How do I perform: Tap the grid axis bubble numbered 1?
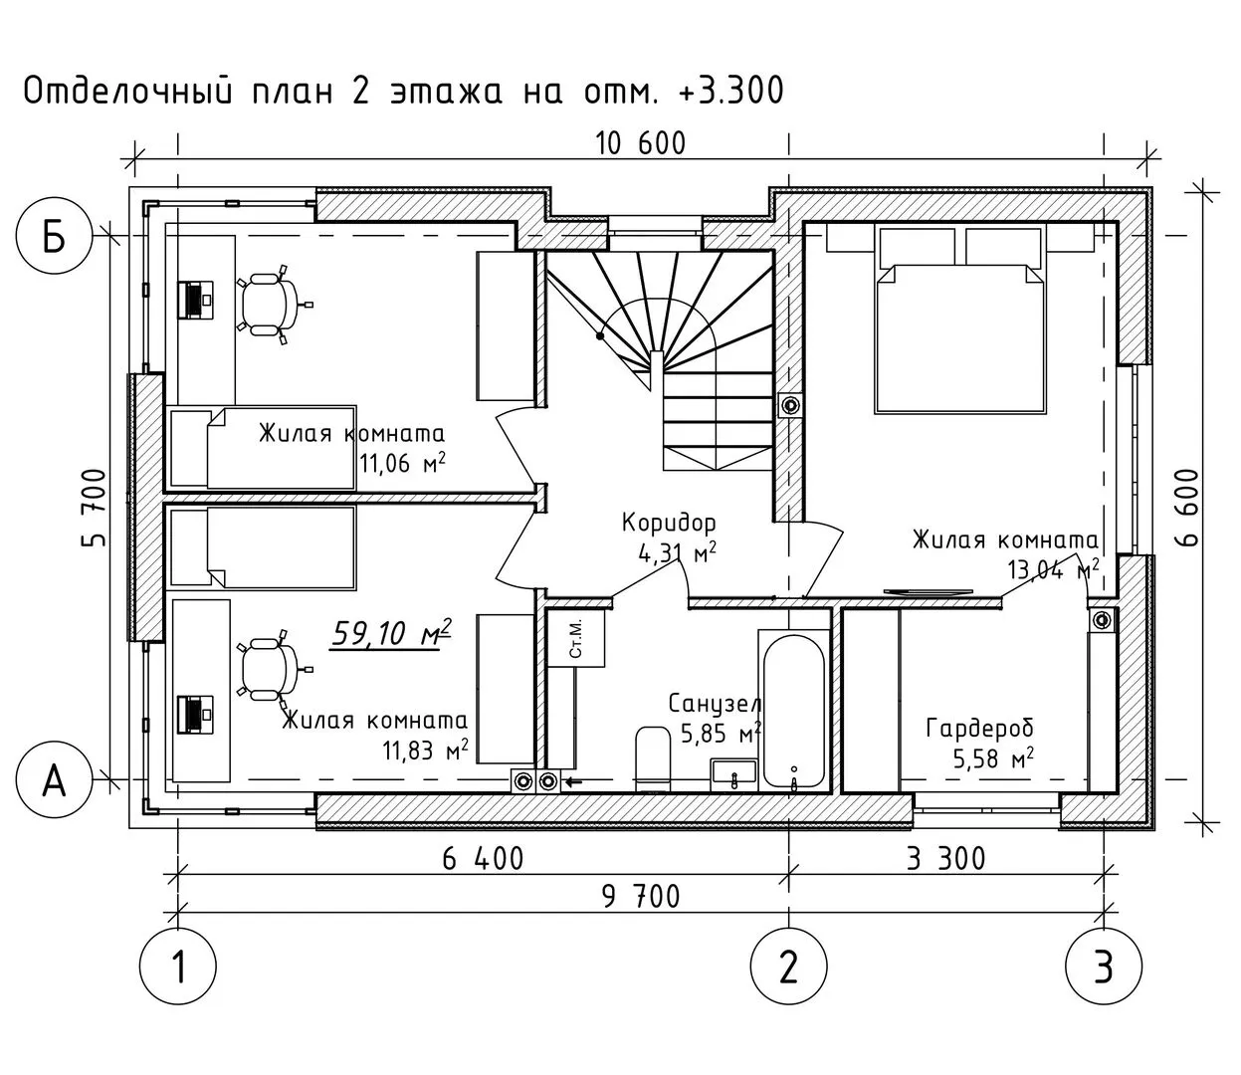[179, 966]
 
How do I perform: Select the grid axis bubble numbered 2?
[789, 966]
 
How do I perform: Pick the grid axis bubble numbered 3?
[1104, 966]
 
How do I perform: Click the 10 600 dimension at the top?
[641, 144]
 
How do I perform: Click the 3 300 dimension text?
[945, 858]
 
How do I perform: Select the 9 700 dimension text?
[641, 897]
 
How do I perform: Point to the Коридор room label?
[669, 523]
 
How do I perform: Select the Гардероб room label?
[980, 729]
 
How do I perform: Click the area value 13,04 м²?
[1053, 570]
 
